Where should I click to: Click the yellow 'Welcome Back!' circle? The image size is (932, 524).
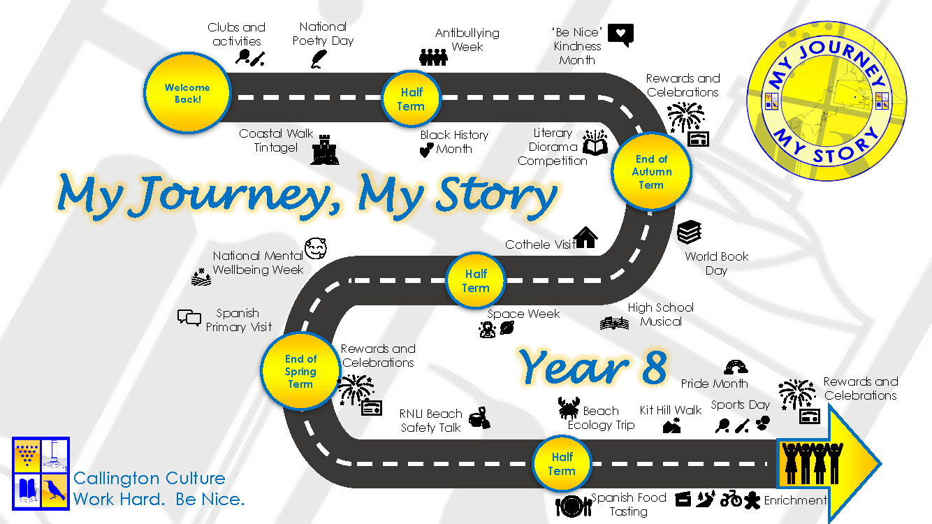187,93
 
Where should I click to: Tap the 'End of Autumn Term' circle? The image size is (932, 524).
651,171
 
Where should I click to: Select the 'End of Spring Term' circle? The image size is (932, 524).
300,371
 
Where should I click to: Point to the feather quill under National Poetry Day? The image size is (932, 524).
319,59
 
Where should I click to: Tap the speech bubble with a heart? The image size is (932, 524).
621,35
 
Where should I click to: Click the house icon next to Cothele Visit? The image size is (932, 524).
586,238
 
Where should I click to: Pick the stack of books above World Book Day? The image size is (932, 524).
690,232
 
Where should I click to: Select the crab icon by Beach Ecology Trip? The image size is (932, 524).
569,407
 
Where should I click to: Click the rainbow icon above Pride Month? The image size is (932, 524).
736,367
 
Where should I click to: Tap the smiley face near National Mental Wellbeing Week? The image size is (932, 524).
315,249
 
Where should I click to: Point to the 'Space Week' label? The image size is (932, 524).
523,314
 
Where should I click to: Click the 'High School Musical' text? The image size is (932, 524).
661,314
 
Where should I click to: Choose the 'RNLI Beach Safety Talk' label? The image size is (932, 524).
430,421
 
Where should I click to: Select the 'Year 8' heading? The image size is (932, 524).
593,367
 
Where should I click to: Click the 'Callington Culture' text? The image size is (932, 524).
150,478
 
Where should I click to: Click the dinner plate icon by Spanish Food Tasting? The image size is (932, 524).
574,507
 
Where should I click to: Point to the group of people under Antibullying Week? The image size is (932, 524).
433,57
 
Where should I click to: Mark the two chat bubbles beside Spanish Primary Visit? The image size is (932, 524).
189,319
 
